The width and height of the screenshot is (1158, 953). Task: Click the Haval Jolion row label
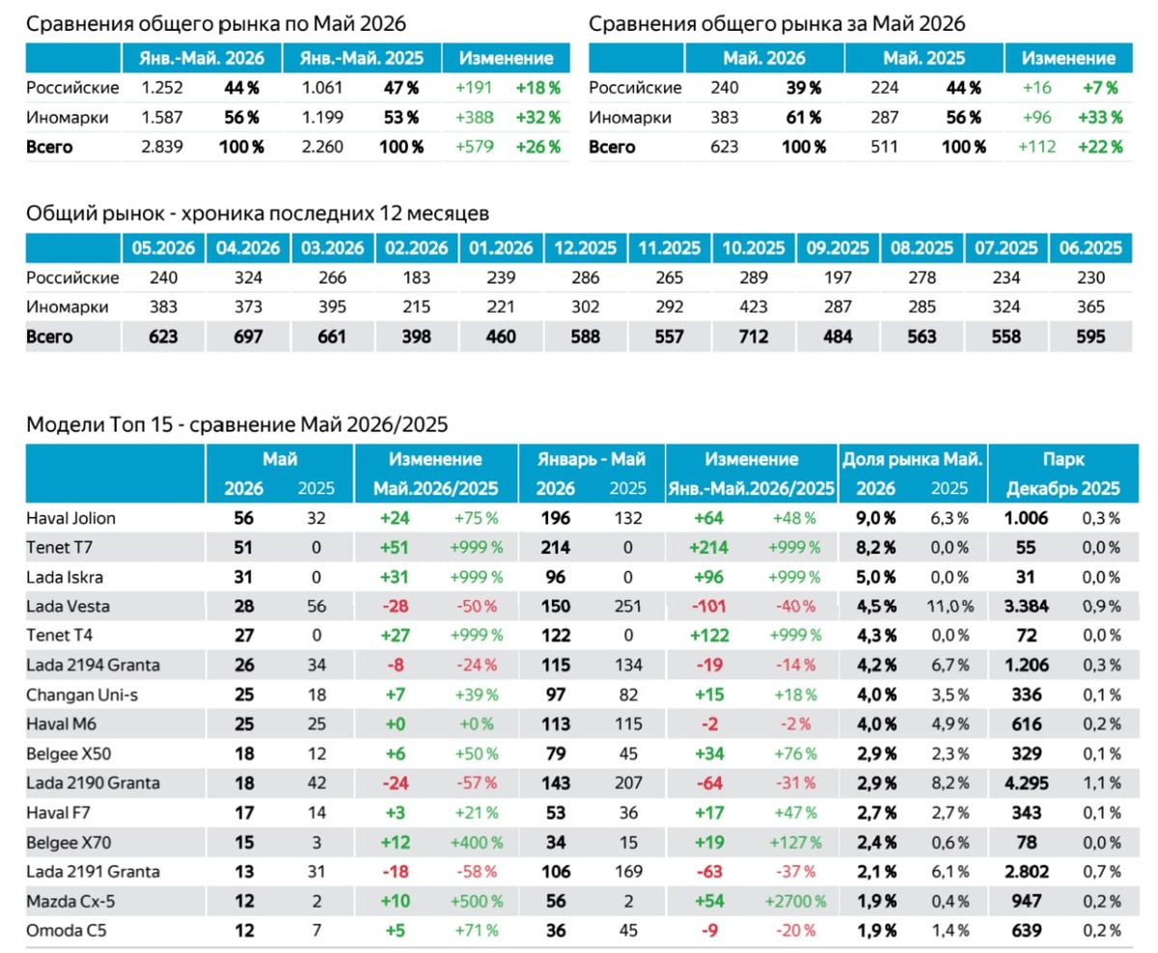click(70, 518)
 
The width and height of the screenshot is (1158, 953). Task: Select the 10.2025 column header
click(754, 248)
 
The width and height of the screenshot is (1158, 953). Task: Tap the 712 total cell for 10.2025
click(754, 336)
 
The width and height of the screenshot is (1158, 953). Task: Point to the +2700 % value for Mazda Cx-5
click(795, 901)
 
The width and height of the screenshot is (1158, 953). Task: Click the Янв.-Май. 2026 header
click(202, 58)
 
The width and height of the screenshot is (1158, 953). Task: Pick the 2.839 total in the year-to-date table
click(162, 147)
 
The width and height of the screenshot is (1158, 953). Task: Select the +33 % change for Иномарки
click(1100, 117)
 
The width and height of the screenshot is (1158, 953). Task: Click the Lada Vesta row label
click(69, 606)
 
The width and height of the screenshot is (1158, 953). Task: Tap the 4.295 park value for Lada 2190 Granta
click(1026, 783)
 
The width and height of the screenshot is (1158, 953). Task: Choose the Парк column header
click(1063, 459)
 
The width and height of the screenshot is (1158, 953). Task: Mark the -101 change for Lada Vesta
click(709, 606)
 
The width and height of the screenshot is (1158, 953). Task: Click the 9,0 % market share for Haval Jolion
click(876, 518)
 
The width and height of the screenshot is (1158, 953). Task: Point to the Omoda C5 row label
click(67, 931)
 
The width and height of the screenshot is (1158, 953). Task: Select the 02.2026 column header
click(416, 248)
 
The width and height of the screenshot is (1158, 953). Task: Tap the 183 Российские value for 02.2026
click(416, 277)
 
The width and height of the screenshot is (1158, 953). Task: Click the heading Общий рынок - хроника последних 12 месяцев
click(258, 213)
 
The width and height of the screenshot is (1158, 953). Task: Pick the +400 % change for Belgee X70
click(476, 842)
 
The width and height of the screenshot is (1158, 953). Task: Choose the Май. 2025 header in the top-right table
click(924, 58)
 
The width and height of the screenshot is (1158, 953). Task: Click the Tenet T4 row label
click(60, 635)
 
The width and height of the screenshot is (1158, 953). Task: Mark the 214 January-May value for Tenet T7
click(556, 547)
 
